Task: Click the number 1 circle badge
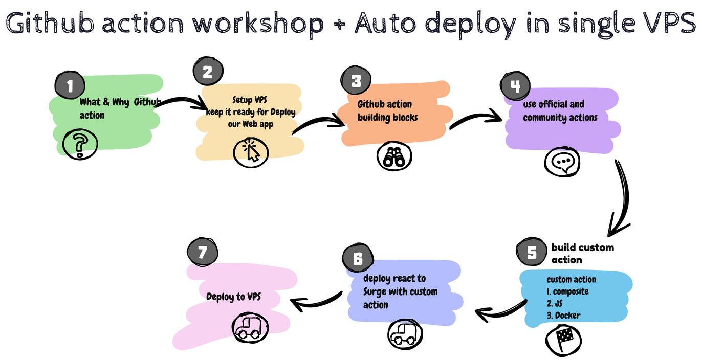coord(70,85)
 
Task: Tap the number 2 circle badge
coord(207,72)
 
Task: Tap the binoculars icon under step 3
coord(394,156)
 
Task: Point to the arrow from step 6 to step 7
coord(317,302)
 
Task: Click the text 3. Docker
coord(563,316)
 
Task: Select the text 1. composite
coord(567,291)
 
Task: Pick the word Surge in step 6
coord(376,292)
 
